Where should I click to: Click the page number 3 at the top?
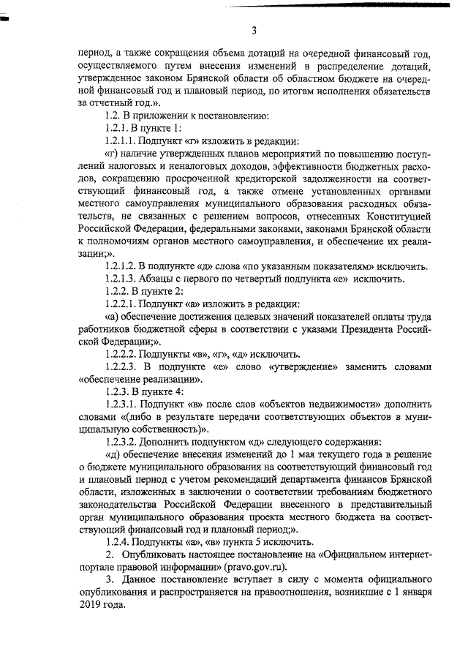coord(253,31)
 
